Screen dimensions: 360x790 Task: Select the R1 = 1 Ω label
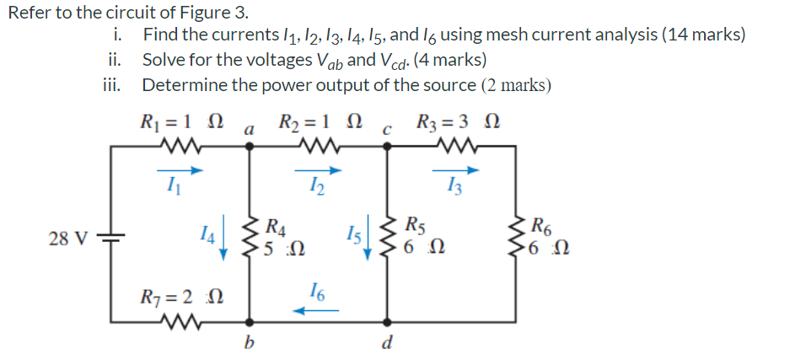tap(181, 122)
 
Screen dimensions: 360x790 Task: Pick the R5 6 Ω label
tap(422, 237)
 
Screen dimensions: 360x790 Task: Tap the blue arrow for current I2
tap(325, 171)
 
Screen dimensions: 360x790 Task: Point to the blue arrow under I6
tap(315, 310)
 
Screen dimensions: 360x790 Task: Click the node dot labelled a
tap(248, 146)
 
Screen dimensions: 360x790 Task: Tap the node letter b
tap(248, 344)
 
